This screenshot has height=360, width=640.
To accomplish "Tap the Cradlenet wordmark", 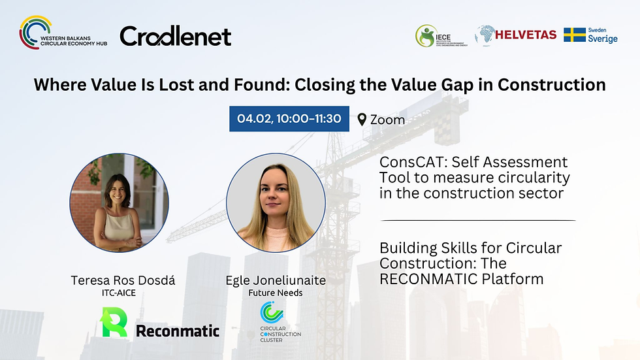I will click(175, 36).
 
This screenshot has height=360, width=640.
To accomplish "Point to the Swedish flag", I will click(575, 35).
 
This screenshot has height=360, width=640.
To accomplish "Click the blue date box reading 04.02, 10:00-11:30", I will click(289, 118).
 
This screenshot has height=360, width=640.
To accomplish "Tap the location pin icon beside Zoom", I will click(362, 120).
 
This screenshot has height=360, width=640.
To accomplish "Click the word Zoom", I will click(387, 120).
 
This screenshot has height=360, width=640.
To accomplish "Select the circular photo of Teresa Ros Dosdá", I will click(120, 203).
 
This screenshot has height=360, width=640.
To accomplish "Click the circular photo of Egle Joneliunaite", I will click(276, 203).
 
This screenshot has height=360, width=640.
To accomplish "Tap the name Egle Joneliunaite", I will click(275, 280).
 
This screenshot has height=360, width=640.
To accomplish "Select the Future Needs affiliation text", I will click(275, 293).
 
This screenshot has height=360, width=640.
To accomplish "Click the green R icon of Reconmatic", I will click(114, 323).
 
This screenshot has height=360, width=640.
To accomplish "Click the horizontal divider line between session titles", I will click(477, 221).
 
